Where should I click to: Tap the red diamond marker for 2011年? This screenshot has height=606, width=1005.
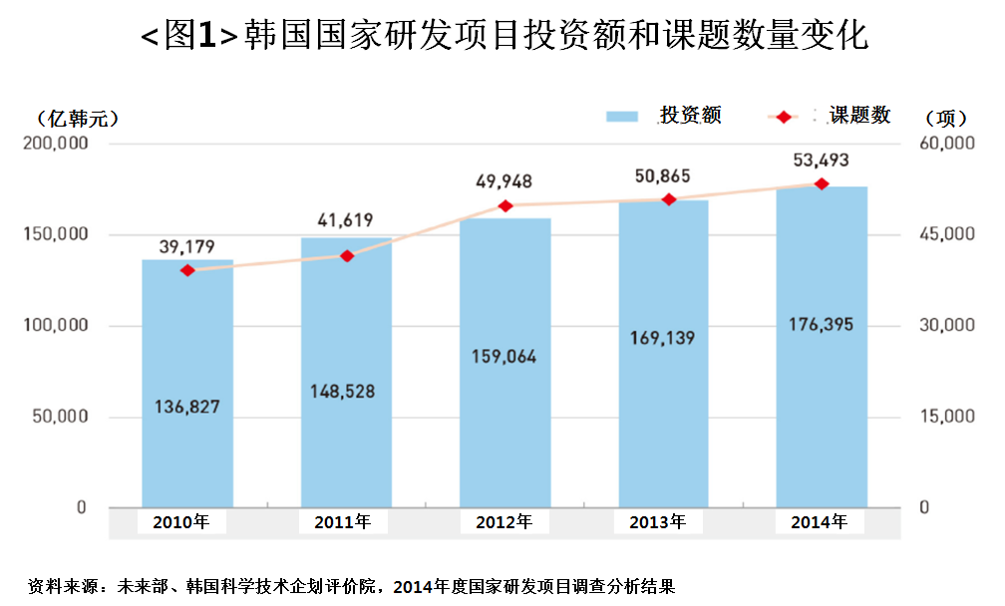pyautogui.click(x=347, y=256)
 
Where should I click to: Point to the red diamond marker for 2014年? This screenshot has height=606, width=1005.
pyautogui.click(x=822, y=184)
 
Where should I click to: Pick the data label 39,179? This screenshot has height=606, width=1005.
pyautogui.click(x=187, y=246)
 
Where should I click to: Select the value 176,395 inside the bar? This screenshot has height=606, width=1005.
pyautogui.click(x=822, y=325)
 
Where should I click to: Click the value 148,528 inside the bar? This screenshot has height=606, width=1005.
pyautogui.click(x=346, y=391)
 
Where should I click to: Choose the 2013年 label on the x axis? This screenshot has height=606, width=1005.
pyautogui.click(x=658, y=521)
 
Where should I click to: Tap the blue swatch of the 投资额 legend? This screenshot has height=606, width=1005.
pyautogui.click(x=621, y=117)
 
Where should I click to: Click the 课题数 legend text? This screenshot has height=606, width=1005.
pyautogui.click(x=859, y=116)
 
